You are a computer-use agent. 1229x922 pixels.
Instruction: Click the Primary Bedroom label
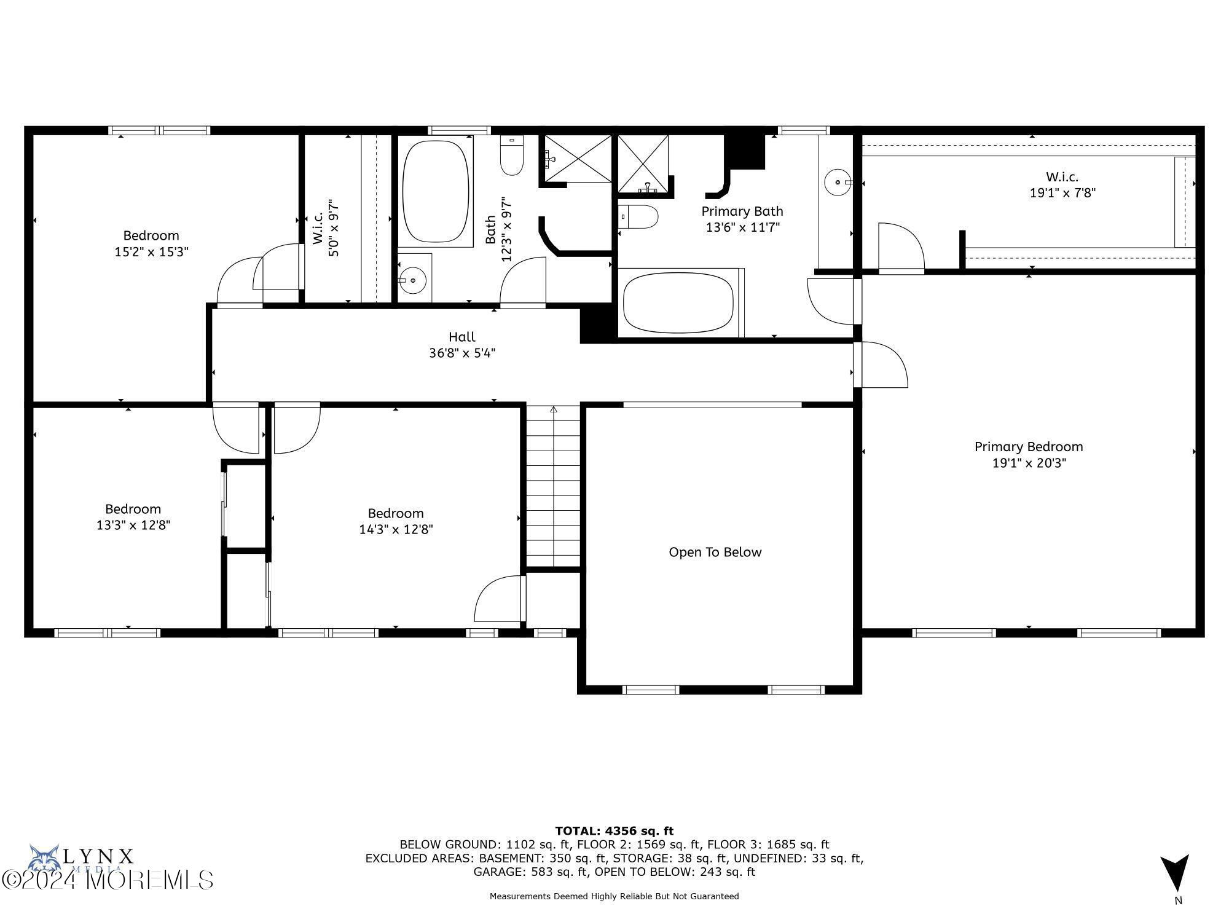(1029, 447)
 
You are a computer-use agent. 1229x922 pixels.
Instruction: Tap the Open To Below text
(715, 552)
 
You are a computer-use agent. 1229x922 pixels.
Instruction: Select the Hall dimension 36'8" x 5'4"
(462, 353)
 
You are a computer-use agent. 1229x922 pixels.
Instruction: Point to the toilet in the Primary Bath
(640, 217)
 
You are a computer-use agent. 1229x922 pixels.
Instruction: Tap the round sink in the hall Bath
(413, 280)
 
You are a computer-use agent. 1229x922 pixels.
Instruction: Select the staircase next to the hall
(553, 486)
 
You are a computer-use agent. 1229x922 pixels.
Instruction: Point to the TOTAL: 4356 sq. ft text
(614, 831)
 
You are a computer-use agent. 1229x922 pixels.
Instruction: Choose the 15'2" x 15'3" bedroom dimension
(151, 251)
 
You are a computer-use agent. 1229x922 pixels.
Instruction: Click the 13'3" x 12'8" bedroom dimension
(133, 525)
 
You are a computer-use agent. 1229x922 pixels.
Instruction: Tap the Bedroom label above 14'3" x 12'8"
(396, 513)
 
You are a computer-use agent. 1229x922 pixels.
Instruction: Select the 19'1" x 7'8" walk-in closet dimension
(1062, 192)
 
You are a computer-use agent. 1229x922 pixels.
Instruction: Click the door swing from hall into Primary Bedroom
(882, 366)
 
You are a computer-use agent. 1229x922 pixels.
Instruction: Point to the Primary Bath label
(742, 211)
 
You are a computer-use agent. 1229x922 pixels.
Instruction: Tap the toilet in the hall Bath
(511, 157)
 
